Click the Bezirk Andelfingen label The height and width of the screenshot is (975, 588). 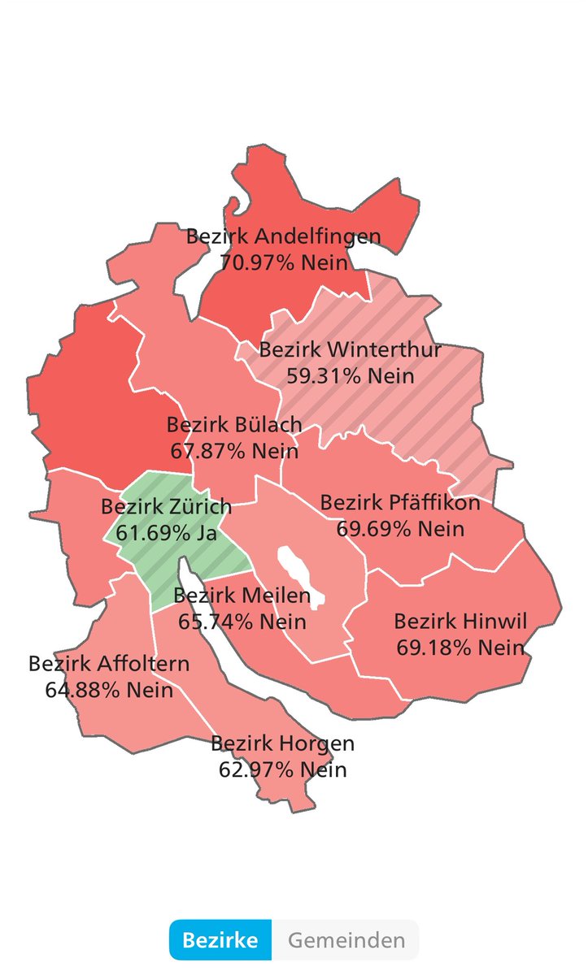283,237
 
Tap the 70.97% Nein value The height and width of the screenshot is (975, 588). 284,262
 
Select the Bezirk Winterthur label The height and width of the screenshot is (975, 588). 350,350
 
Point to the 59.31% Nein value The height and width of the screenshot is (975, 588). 351,375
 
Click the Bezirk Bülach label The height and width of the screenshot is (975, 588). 234,424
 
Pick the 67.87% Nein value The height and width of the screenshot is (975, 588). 234,449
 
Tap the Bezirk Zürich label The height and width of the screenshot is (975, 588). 166,506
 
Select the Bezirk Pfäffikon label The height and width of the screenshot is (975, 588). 400,502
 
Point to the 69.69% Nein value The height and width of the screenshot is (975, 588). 400,528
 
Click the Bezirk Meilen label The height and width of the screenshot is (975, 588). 242,596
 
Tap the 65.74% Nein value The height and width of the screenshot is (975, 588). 242,622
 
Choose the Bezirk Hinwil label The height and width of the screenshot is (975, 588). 460,622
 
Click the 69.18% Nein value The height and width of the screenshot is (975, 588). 460,648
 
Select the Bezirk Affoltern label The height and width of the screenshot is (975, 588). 109,663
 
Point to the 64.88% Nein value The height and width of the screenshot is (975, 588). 109,690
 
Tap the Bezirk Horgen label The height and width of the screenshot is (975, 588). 282,743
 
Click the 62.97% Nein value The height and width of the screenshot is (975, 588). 282,769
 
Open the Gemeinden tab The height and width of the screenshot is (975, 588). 346,941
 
